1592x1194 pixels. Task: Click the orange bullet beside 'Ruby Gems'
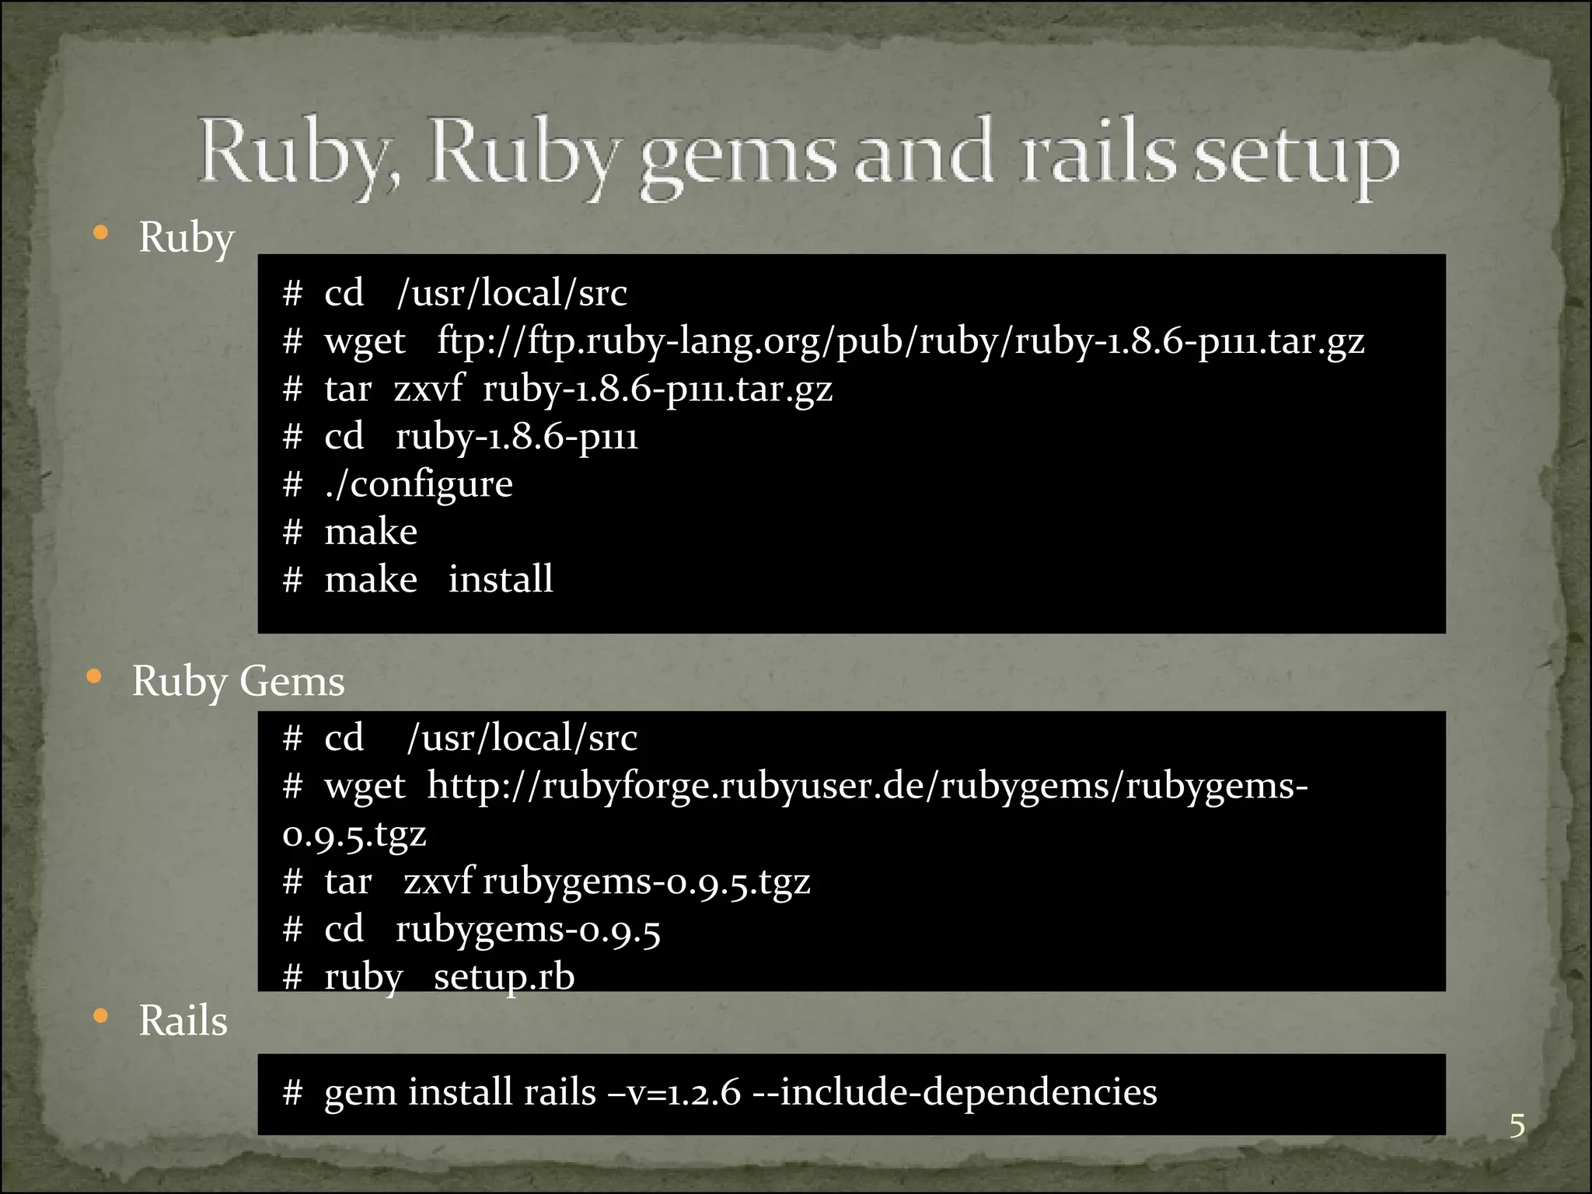pos(94,677)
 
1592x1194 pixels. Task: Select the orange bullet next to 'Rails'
pos(100,1016)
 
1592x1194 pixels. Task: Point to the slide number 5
pos(1517,1126)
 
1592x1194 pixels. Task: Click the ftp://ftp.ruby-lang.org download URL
pos(900,340)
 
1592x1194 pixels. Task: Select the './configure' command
pos(419,484)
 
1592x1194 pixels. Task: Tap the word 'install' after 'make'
pos(501,579)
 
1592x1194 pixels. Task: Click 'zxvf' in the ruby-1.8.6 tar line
pos(428,388)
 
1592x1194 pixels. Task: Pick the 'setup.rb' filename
pos(504,976)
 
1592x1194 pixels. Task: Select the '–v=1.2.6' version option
pos(675,1091)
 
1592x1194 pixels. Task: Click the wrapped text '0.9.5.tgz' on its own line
pos(354,834)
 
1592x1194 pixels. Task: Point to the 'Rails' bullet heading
pos(183,1020)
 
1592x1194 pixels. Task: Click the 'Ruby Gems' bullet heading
pos(238,681)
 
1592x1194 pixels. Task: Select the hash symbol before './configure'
pos(292,484)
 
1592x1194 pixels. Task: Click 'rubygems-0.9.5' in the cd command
pos(528,929)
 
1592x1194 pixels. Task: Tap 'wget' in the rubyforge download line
pos(365,787)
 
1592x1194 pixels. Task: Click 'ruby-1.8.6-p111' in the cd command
pos(517,437)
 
